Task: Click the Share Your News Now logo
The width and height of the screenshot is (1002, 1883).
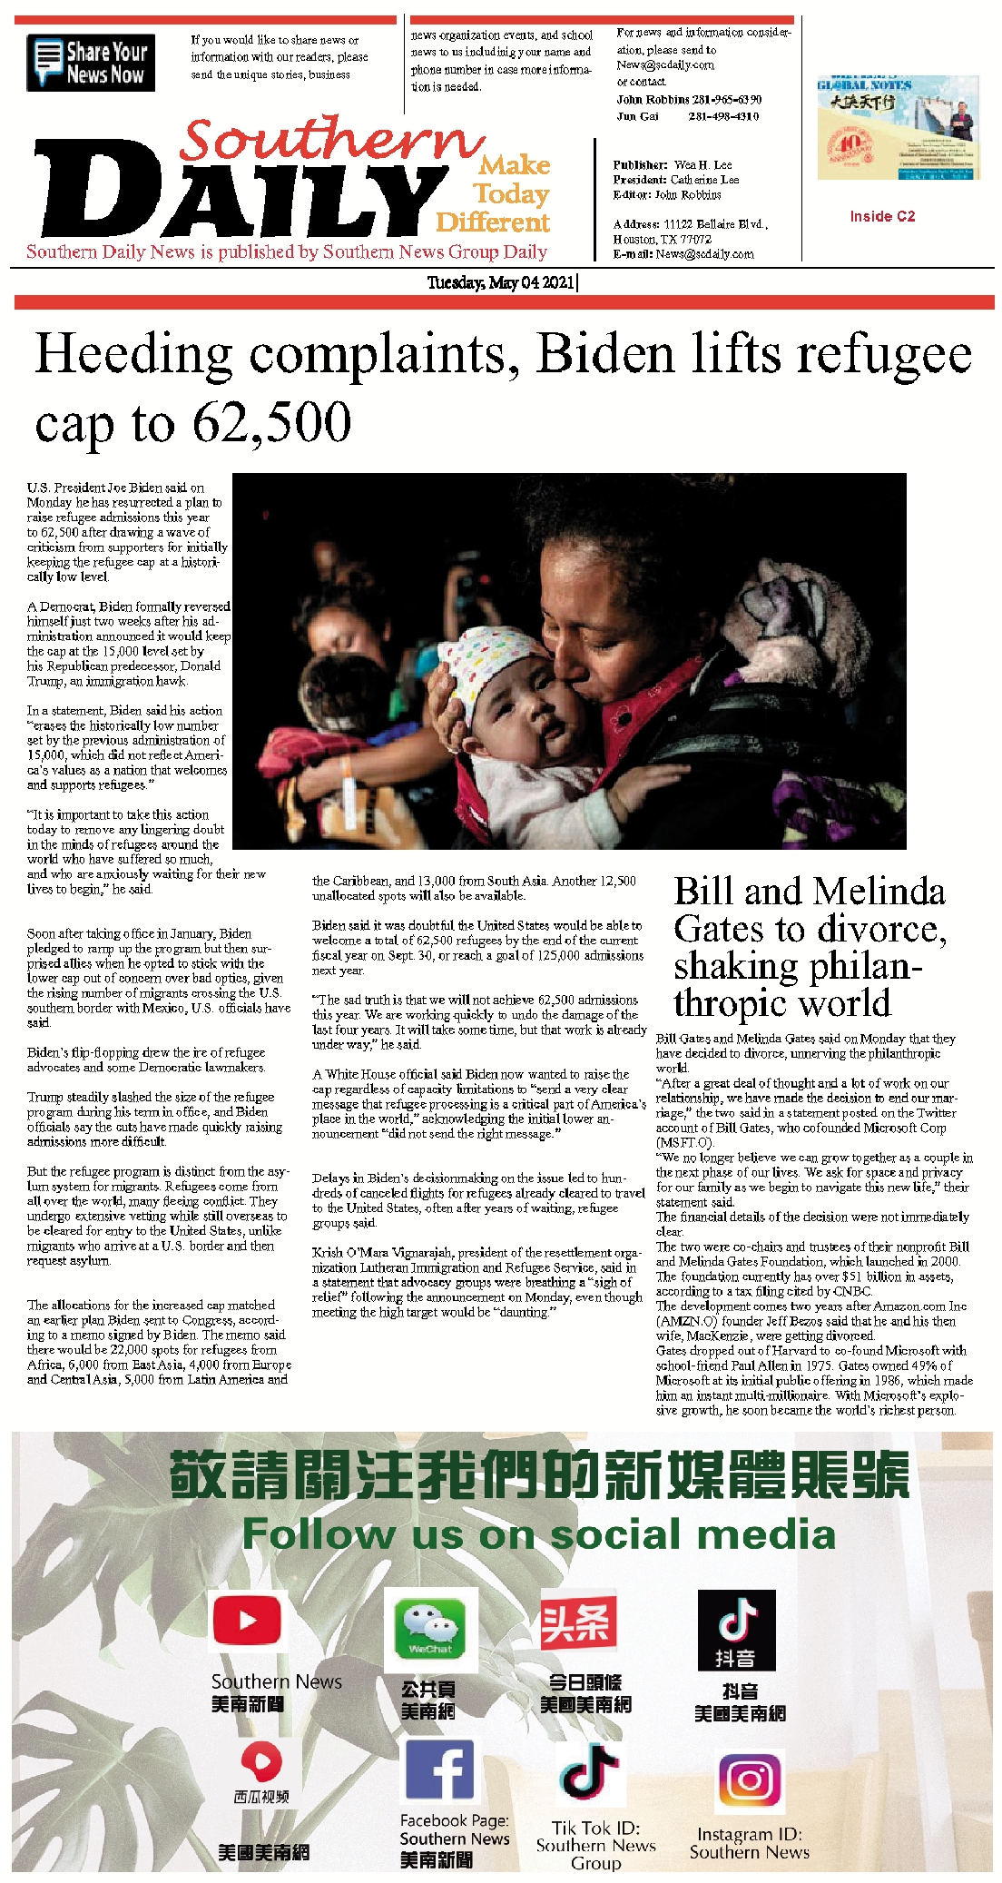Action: click(91, 63)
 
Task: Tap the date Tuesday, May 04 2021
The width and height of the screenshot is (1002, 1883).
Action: click(501, 282)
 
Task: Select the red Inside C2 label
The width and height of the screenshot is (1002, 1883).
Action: click(882, 216)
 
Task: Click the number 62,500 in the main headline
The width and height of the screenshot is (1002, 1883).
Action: click(271, 422)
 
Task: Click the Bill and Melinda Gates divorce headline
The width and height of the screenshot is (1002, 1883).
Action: click(810, 947)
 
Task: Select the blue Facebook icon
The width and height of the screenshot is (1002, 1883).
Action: click(438, 1770)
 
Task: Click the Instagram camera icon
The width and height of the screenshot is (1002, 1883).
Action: click(749, 1781)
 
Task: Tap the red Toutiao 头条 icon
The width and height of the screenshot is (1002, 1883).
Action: click(578, 1623)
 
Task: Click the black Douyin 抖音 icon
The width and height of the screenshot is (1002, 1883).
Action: click(736, 1629)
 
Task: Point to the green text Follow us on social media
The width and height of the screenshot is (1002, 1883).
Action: click(538, 1533)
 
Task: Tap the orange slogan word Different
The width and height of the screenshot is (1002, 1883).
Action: click(493, 222)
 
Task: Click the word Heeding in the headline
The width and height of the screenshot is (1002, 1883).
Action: click(133, 354)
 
